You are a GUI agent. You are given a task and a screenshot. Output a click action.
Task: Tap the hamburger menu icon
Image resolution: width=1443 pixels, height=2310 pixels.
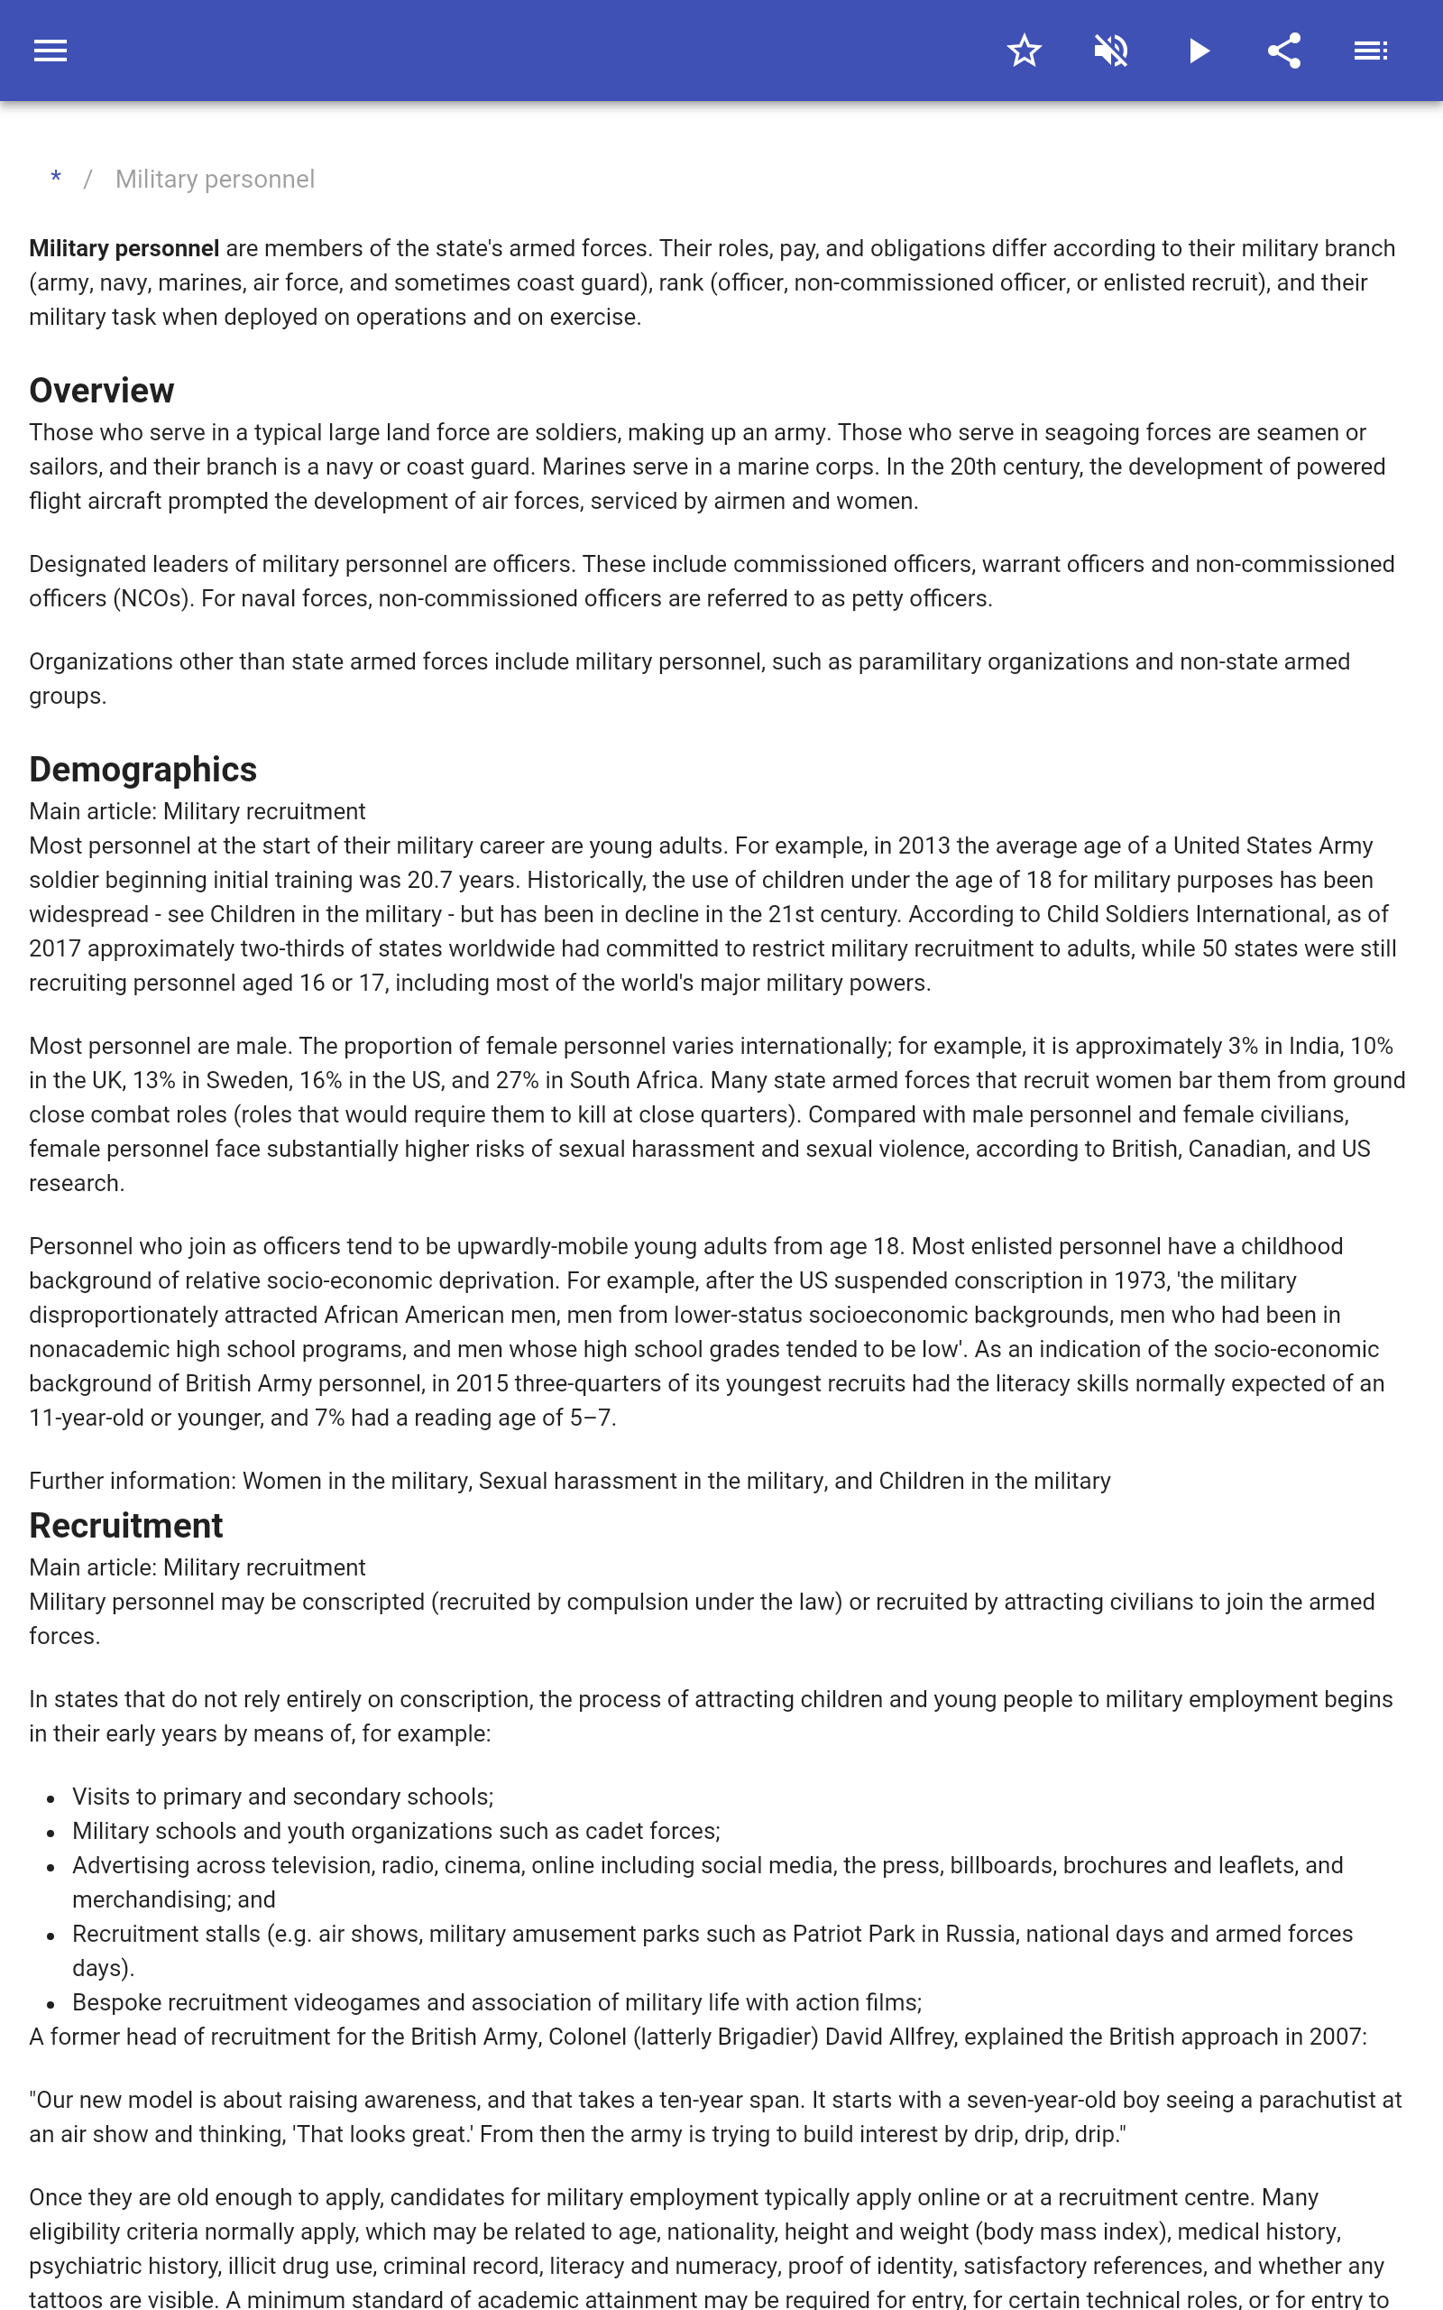point(51,51)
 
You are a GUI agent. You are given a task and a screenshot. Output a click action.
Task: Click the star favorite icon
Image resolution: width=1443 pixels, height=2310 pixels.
point(1024,51)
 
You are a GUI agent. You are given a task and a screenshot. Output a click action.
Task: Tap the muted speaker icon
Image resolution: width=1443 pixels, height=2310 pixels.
point(1111,51)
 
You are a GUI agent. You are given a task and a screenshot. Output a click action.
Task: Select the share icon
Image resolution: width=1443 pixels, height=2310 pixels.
point(1284,51)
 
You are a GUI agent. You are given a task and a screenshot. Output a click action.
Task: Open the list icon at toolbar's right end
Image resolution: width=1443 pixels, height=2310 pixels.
point(1371,51)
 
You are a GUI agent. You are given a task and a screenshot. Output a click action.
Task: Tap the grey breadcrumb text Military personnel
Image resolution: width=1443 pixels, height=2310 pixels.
point(215,180)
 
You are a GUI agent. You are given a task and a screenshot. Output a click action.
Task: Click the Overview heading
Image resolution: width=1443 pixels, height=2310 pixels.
point(101,391)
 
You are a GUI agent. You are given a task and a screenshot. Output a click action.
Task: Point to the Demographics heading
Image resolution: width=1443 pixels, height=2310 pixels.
point(143,770)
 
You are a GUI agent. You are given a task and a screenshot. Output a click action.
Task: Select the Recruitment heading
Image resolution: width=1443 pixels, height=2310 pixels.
point(126,1525)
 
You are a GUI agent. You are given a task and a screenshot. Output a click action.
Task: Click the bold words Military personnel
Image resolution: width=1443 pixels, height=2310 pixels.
point(124,248)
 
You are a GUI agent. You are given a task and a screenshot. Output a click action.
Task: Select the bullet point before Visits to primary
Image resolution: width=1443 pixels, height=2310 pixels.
point(51,1798)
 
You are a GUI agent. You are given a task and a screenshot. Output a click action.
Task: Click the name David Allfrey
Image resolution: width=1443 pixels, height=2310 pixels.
point(889,2037)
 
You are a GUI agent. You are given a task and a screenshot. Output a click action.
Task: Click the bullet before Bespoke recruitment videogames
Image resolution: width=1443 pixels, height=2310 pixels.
point(51,2004)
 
